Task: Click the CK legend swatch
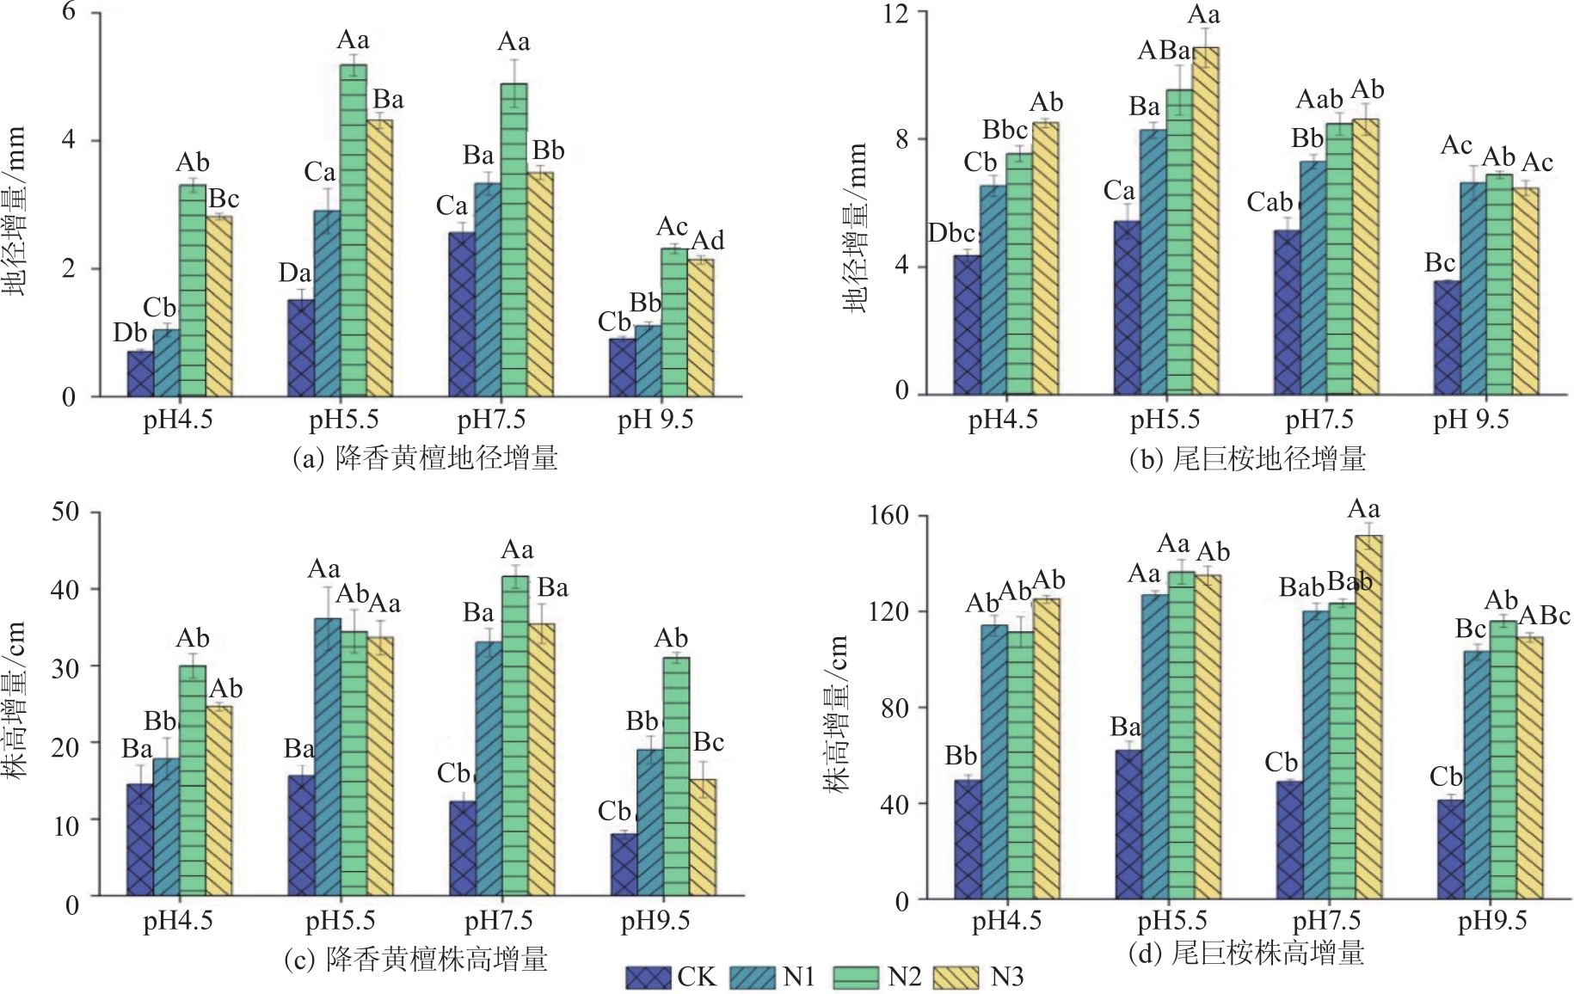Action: coord(648,978)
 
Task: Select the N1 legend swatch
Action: coord(753,978)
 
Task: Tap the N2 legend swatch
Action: coord(857,978)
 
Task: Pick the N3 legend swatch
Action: coord(956,978)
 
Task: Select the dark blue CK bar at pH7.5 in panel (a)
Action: coord(462,314)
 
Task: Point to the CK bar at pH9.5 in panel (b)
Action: coord(1447,337)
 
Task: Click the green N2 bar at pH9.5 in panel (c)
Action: coord(676,776)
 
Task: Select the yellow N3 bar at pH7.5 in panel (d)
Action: coord(1368,717)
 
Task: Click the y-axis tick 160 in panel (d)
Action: coord(888,515)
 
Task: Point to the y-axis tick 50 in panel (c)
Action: coord(65,512)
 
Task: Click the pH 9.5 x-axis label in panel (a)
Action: coord(655,420)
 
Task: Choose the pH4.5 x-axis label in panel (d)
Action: coord(1006,921)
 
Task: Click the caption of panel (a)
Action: coord(425,457)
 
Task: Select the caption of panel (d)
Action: coord(1245,953)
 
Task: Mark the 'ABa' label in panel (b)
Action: coord(1164,51)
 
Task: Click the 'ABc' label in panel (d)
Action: coord(1545,616)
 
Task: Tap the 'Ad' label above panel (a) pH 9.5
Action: coord(708,240)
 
